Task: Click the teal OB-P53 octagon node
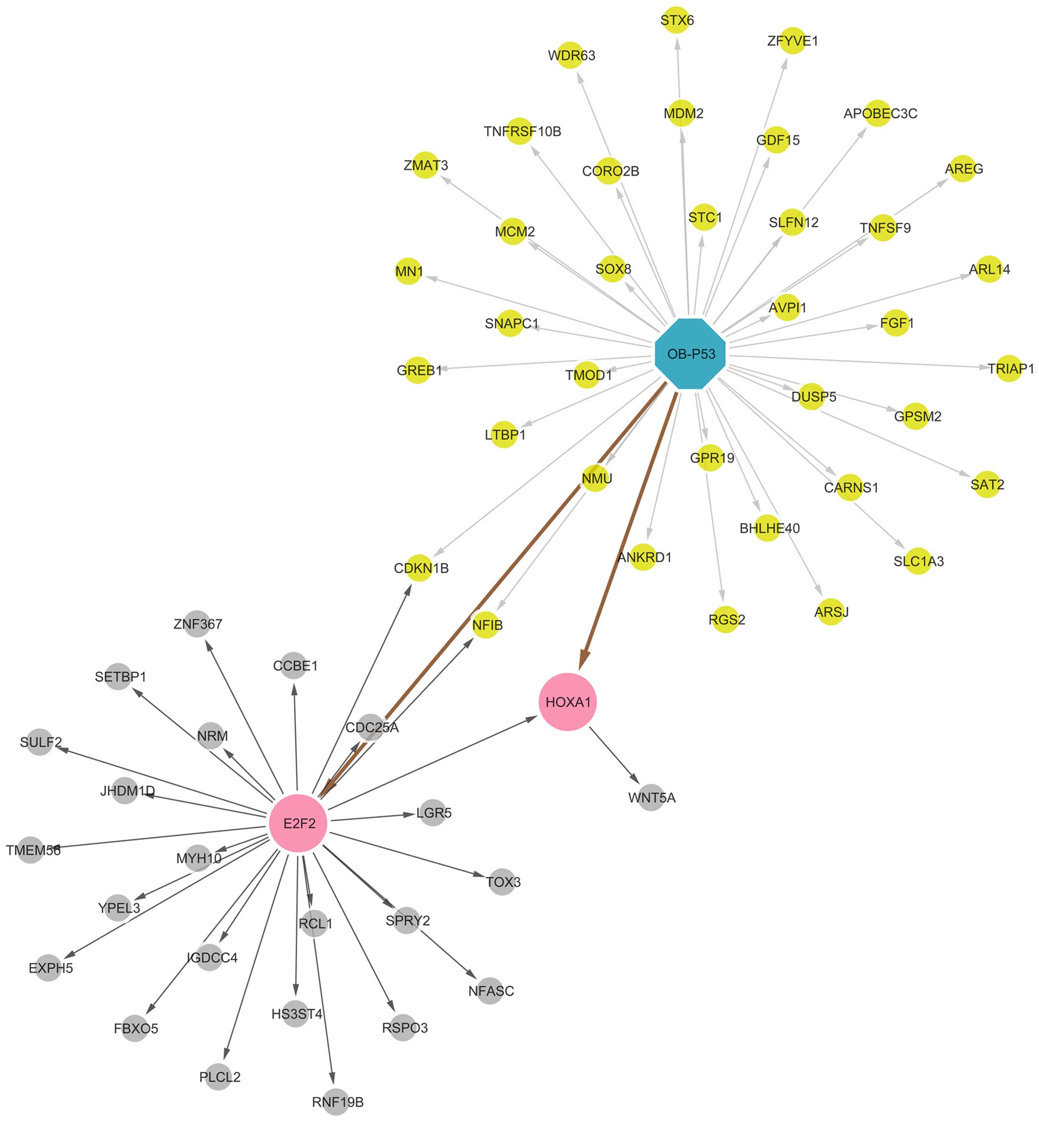pyautogui.click(x=691, y=353)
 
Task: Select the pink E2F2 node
pyautogui.click(x=298, y=823)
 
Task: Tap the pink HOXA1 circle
pyautogui.click(x=567, y=701)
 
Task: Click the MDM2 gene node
pyautogui.click(x=682, y=113)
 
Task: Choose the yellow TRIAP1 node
pyautogui.click(x=1009, y=368)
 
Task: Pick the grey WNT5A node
pyautogui.click(x=650, y=797)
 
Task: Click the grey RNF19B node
pyautogui.click(x=336, y=1101)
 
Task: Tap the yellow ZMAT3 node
pyautogui.click(x=425, y=165)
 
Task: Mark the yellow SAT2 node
pyautogui.click(x=987, y=484)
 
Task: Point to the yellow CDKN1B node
pyautogui.click(x=419, y=568)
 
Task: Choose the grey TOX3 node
pyautogui.click(x=502, y=881)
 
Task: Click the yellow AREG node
pyautogui.click(x=963, y=168)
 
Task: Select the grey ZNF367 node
pyautogui.click(x=197, y=624)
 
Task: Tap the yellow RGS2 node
pyautogui.click(x=725, y=619)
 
